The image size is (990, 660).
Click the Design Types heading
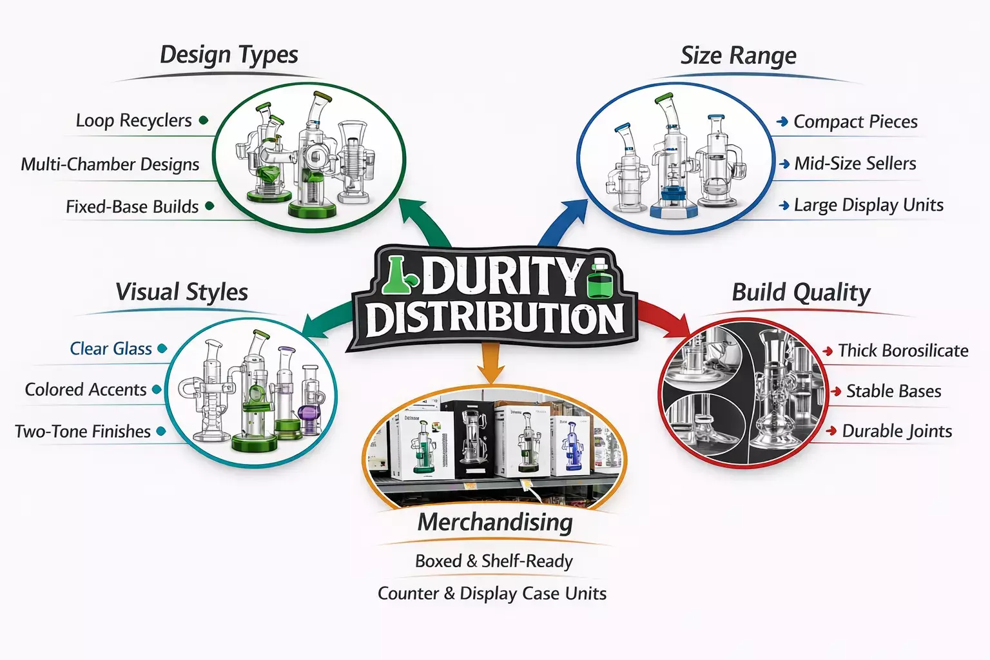point(229,55)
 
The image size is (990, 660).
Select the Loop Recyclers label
point(133,121)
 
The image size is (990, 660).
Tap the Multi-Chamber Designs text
point(110,164)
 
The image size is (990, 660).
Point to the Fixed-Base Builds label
point(132,207)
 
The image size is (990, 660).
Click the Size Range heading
point(738,56)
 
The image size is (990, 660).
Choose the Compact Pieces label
point(855,122)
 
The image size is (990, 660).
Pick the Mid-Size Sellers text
point(855,164)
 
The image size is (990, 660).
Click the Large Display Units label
point(868,206)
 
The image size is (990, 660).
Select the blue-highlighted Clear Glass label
point(111,349)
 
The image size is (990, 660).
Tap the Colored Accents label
point(86,390)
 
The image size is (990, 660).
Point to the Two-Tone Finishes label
point(82,431)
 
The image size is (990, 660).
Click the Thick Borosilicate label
point(903,351)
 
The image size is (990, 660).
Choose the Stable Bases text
point(893,391)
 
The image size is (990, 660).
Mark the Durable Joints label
point(897,431)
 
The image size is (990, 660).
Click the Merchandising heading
point(495,522)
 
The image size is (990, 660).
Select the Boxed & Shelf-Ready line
point(494,561)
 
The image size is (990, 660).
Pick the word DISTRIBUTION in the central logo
point(495,318)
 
